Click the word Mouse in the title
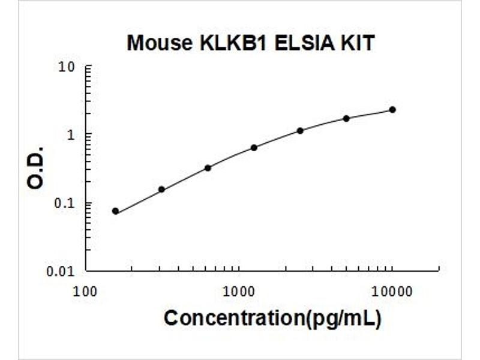160,43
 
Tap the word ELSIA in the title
304,43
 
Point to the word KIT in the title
357,43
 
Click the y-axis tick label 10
67,67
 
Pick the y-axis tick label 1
71,134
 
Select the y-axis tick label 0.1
65,203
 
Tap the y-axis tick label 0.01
61,271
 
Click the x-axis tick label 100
85,292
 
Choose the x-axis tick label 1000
239,292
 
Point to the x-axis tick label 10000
392,292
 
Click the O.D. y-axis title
35,168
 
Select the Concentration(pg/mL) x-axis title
273,318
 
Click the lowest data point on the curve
115,211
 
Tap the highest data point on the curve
392,110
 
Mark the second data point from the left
161,190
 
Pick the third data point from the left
208,168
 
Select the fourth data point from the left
254,148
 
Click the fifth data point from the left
301,131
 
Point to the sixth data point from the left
346,118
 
